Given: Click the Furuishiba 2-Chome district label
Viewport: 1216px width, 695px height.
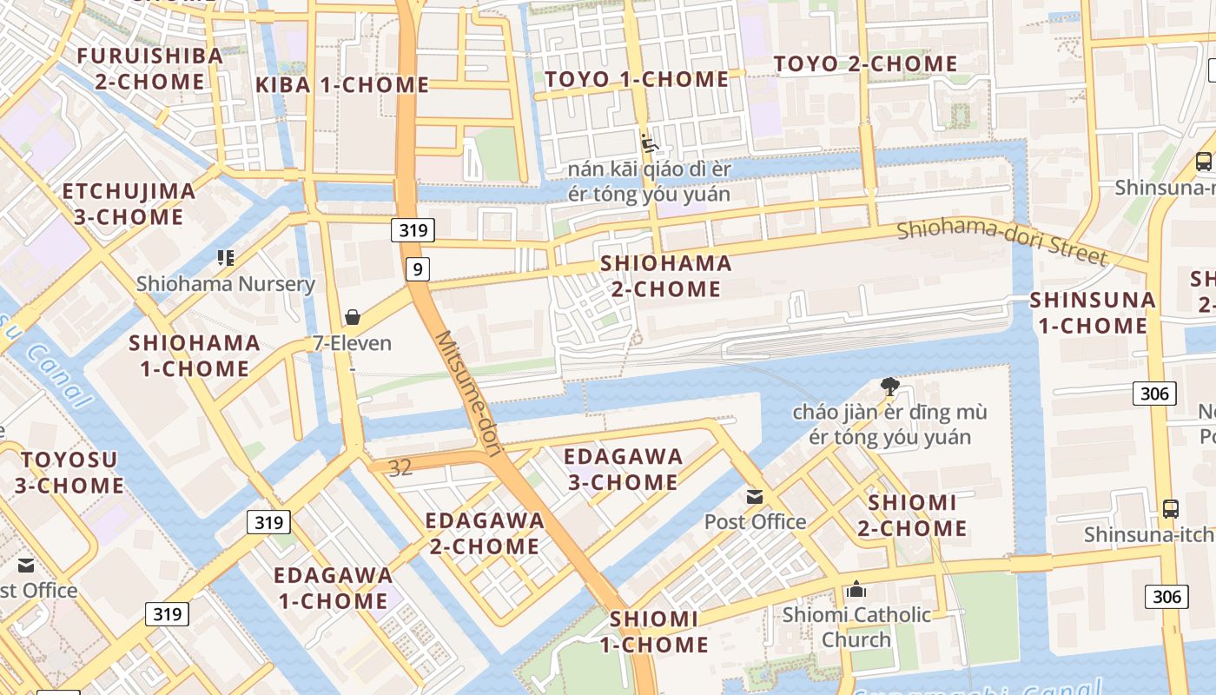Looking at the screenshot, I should [149, 69].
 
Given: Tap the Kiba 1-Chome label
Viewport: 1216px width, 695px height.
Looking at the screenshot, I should [342, 85].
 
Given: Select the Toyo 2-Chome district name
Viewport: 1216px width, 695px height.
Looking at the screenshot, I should [865, 63].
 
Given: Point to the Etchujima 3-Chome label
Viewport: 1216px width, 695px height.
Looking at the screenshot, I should [129, 203].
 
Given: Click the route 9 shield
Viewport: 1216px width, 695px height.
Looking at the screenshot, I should [418, 269].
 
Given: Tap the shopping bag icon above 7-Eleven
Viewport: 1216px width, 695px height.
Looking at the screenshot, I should [353, 317].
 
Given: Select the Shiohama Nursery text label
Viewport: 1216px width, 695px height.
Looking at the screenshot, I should [226, 284].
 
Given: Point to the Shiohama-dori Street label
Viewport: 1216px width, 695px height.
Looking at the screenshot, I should [1002, 242].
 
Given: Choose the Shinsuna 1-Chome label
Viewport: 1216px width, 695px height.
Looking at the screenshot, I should [1093, 313].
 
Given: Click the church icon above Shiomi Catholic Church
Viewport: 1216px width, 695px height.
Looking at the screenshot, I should [856, 590].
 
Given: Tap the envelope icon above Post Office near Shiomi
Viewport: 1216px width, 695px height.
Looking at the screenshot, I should [755, 497].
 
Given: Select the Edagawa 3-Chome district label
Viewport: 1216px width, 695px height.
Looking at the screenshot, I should [623, 469].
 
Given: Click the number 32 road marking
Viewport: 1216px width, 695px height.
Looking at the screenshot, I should [400, 468].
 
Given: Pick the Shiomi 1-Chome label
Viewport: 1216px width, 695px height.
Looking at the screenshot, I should [653, 632].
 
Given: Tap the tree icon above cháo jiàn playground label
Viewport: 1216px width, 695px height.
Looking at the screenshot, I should [889, 387].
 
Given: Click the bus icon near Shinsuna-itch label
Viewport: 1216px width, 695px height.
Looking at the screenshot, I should [1171, 508].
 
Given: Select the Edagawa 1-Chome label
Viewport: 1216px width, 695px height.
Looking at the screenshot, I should [333, 587].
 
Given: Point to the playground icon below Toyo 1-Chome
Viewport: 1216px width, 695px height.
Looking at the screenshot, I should [648, 142].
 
